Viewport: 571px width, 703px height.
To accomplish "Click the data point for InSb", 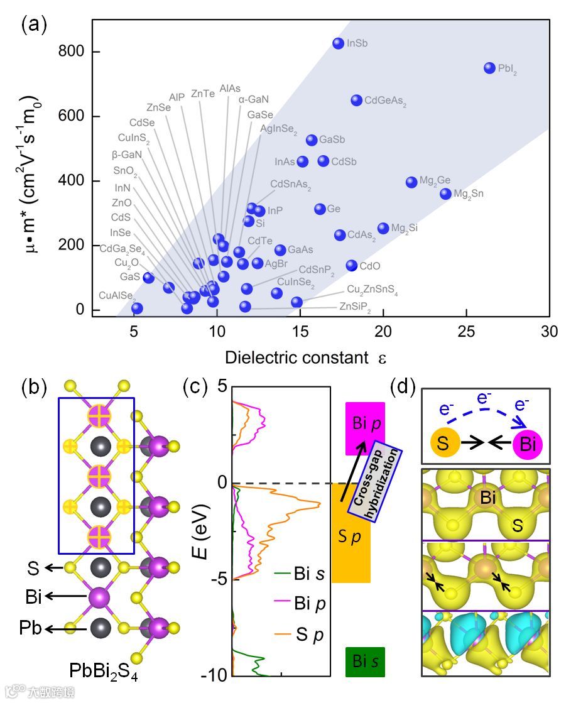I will [x=338, y=43].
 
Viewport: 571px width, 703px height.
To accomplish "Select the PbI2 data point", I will [x=489, y=68].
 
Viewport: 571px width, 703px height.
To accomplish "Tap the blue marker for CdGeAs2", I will [x=356, y=100].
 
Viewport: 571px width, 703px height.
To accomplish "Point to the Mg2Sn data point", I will [x=445, y=193].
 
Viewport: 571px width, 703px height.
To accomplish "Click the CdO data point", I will [x=351, y=266].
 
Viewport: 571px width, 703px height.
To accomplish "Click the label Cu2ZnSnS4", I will [x=373, y=291].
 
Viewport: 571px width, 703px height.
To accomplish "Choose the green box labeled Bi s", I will [x=365, y=662].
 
